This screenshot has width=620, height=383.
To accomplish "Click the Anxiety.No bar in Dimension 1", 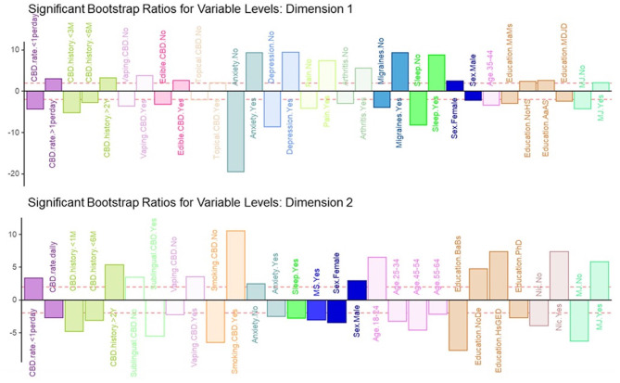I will [234, 131].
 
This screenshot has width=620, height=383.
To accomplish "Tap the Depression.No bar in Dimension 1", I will [290, 71].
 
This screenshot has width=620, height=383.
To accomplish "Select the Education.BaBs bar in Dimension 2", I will [458, 325].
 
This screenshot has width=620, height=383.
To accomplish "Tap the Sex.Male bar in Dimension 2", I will [357, 289].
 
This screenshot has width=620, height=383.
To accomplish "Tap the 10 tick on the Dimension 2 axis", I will [14, 234].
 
